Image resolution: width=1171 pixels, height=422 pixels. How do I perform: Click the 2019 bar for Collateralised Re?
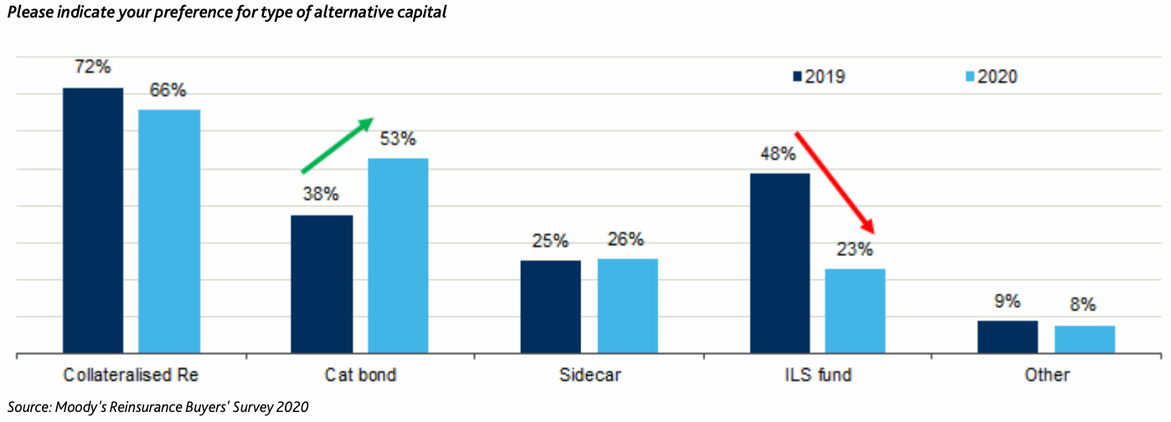click(x=93, y=220)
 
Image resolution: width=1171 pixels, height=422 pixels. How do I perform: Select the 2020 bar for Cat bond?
click(x=398, y=255)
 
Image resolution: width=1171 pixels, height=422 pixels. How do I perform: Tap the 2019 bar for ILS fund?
click(x=780, y=263)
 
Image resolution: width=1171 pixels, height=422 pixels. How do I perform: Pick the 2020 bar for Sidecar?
click(x=627, y=306)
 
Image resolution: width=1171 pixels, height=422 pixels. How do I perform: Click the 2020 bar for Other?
click(x=1085, y=339)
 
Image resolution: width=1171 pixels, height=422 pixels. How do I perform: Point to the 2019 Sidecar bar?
click(x=550, y=306)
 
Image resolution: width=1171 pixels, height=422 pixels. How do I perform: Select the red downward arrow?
click(x=834, y=182)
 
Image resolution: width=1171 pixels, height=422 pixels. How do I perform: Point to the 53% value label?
click(x=398, y=139)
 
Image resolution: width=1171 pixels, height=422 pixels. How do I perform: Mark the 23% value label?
click(x=855, y=249)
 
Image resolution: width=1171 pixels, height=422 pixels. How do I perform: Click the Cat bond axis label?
click(x=360, y=375)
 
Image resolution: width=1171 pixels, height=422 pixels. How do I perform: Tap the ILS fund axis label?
click(x=818, y=375)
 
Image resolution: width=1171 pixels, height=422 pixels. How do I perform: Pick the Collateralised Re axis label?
click(x=131, y=375)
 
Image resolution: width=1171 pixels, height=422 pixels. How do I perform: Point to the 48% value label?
click(x=780, y=154)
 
